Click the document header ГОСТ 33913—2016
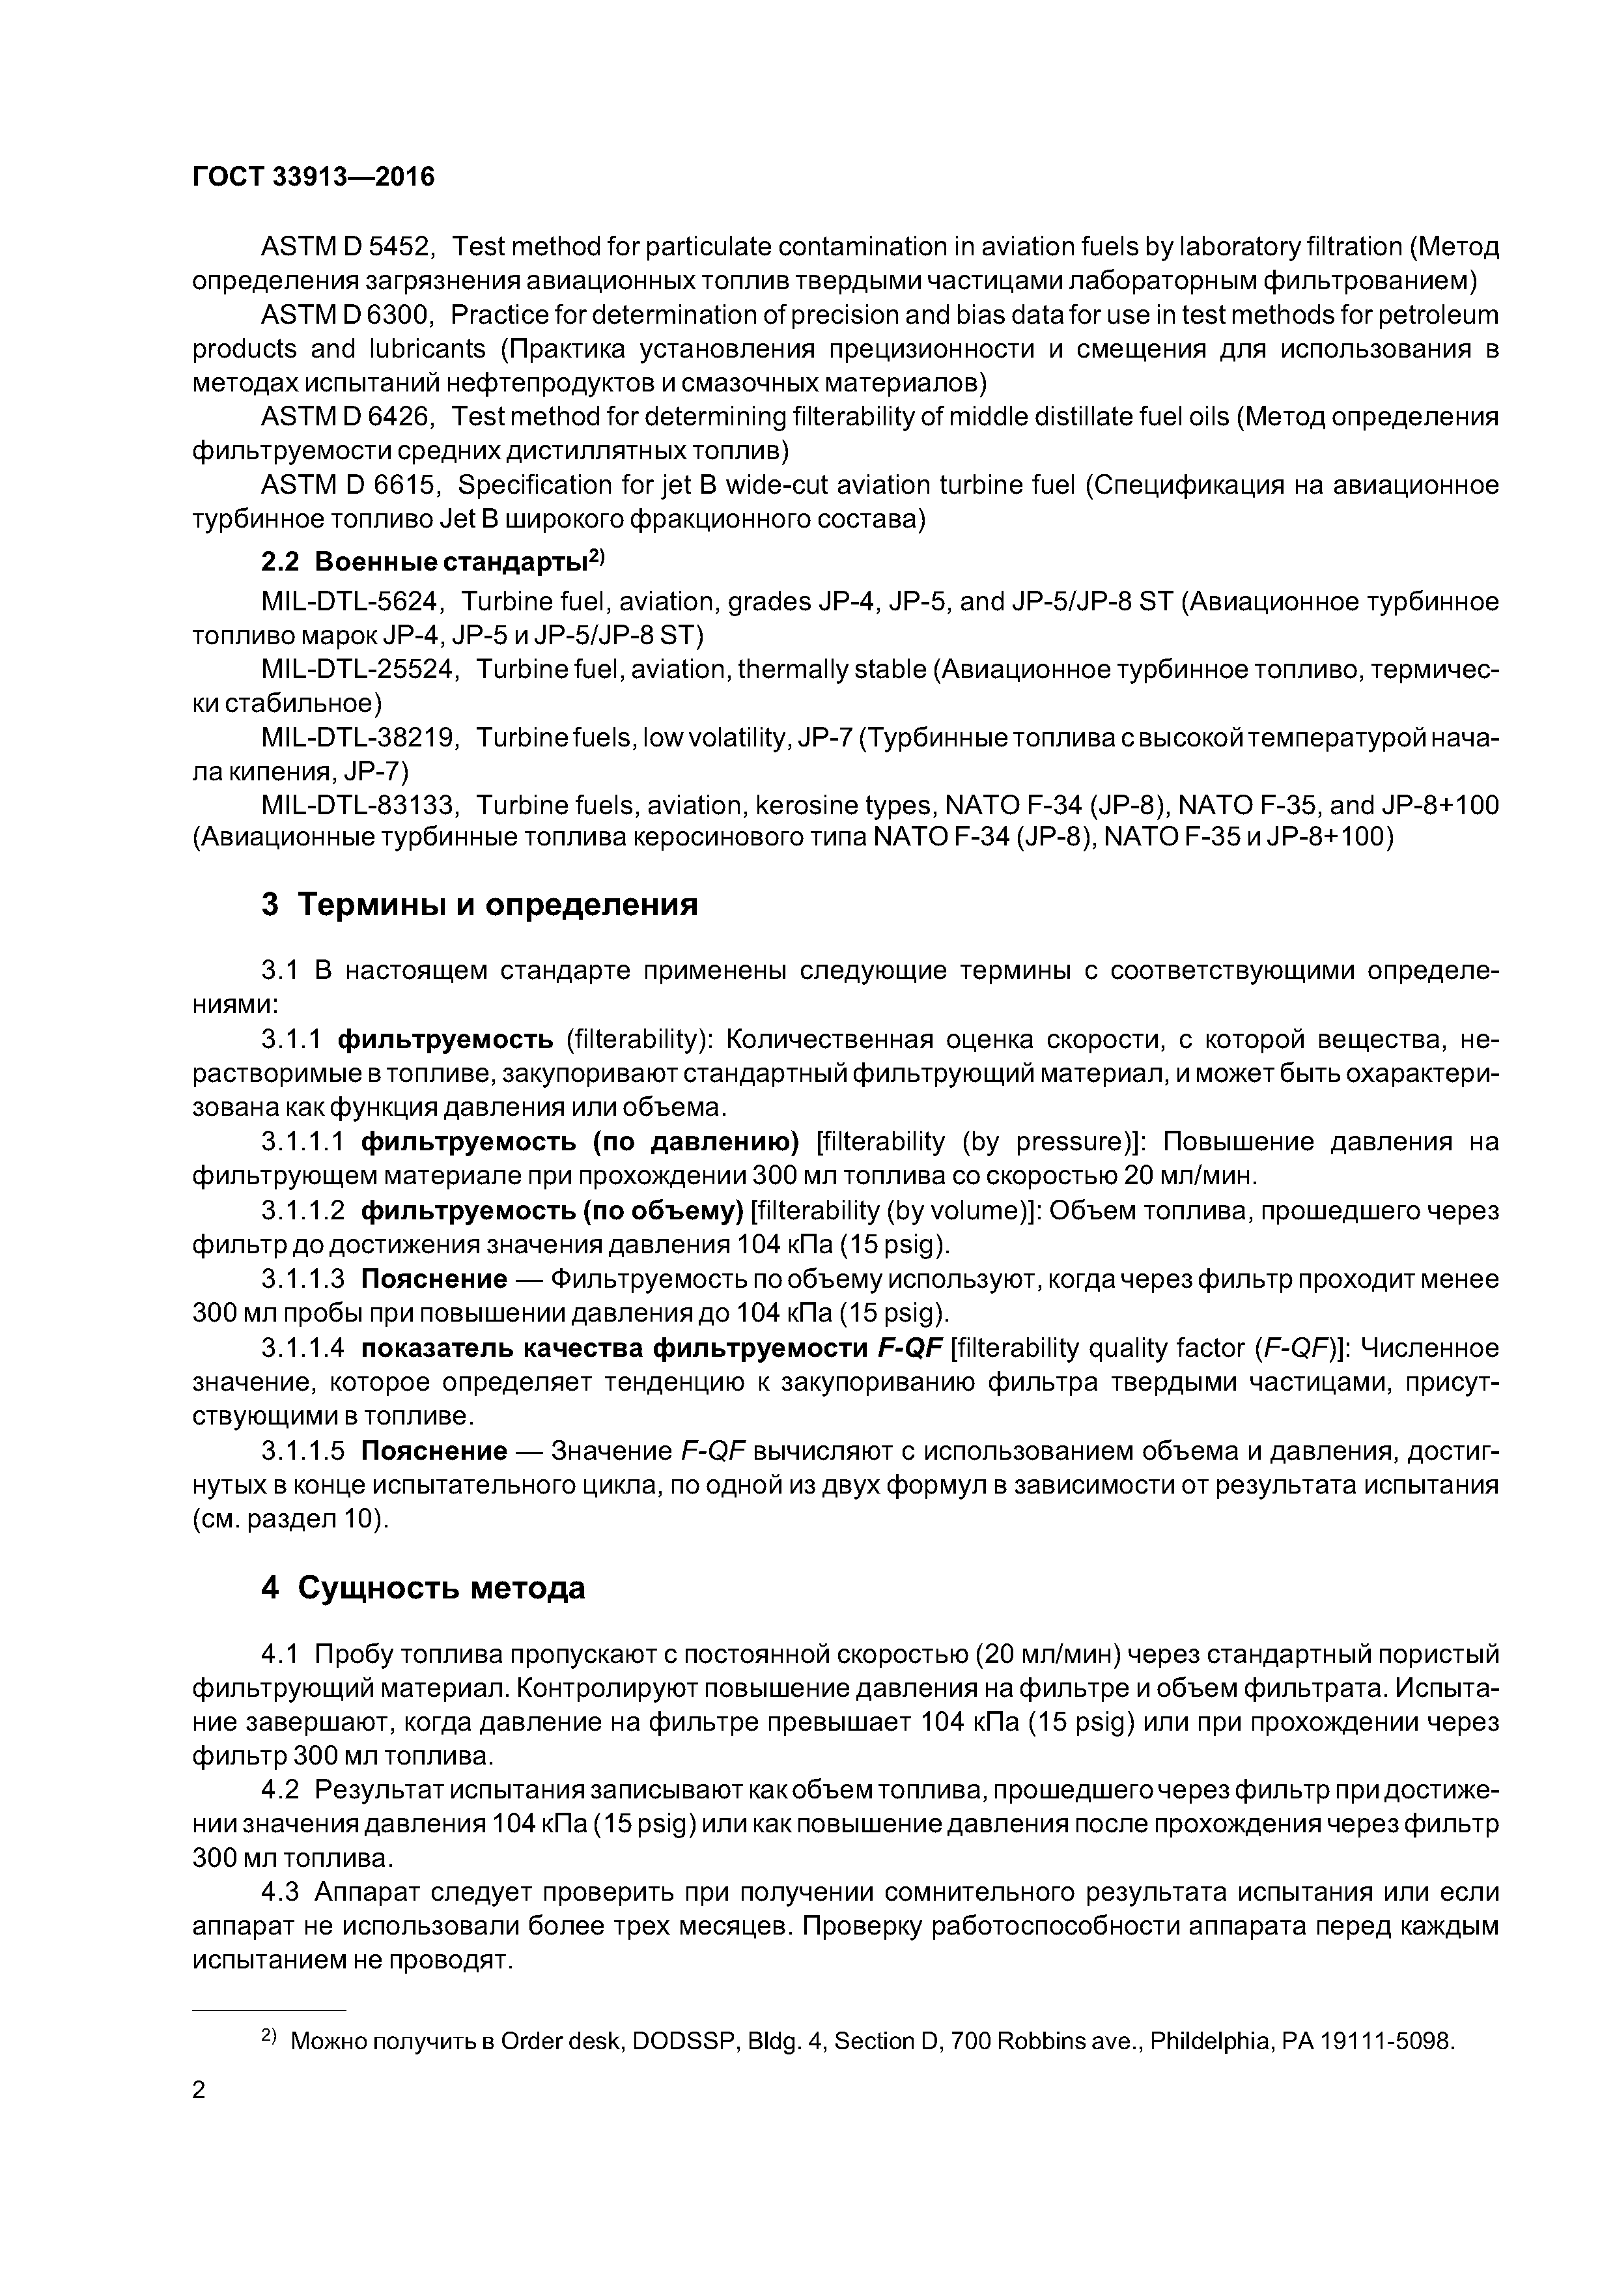point(313,177)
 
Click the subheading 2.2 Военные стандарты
point(433,561)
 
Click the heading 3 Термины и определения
point(480,905)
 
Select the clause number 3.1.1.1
point(303,1141)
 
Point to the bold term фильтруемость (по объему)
point(552,1211)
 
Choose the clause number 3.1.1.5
point(303,1452)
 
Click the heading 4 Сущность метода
point(423,1588)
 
